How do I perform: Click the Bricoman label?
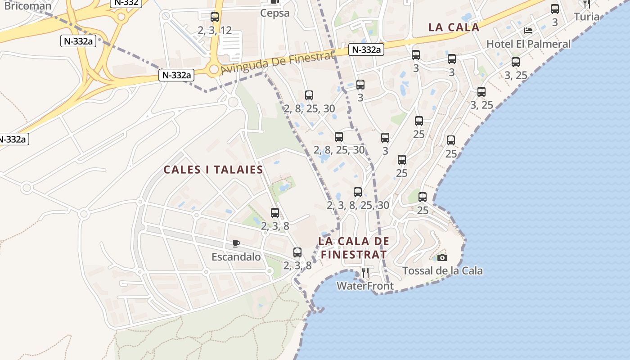point(28,6)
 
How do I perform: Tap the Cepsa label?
point(274,13)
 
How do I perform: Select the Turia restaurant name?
point(587,17)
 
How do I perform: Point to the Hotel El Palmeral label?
point(529,44)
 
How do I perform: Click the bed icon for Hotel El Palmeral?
point(528,31)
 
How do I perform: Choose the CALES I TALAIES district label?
point(213,170)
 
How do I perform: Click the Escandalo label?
point(236,257)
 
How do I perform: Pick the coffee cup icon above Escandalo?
point(236,244)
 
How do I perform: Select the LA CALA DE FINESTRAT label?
point(354,247)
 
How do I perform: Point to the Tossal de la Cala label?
point(442,271)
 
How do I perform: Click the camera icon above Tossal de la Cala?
point(442,257)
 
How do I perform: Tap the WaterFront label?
point(365,286)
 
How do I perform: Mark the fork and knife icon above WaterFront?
point(365,272)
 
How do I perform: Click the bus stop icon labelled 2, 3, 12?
point(215,17)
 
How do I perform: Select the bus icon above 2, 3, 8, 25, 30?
point(358,192)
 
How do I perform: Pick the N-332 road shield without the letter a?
point(126,2)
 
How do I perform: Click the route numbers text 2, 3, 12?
point(215,30)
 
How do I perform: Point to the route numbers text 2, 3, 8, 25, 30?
point(358,206)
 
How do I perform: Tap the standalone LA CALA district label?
point(454,27)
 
